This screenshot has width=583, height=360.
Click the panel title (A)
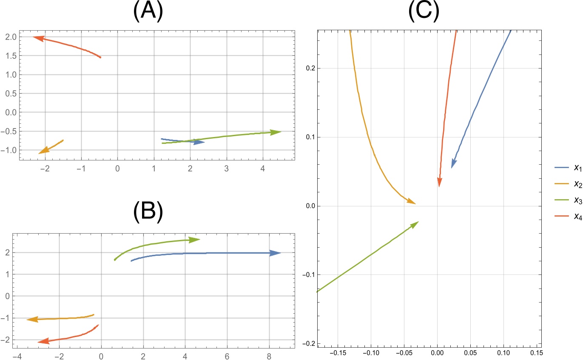148,13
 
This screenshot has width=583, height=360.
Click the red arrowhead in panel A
38,38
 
